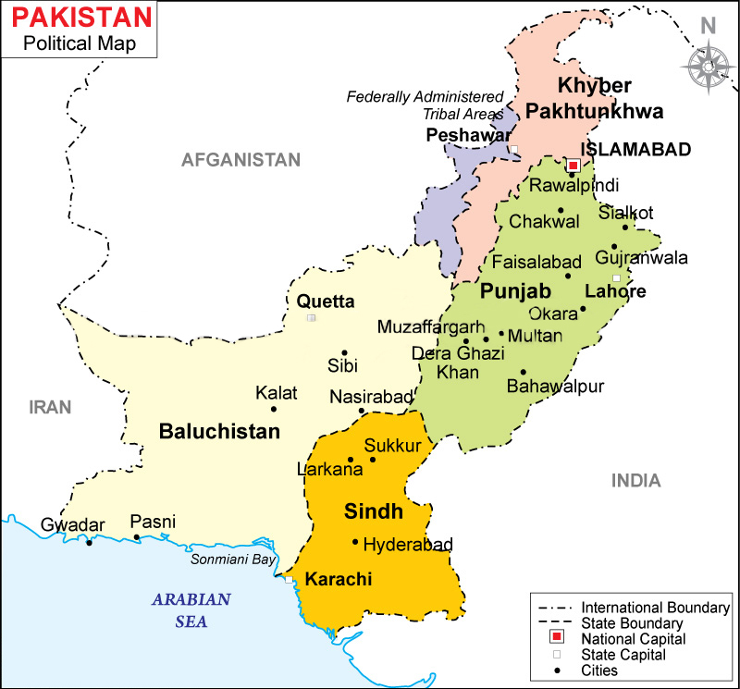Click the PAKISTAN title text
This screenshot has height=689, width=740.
tap(77, 17)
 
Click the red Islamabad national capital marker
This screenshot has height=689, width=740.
tap(572, 166)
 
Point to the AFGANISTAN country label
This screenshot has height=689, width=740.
tap(241, 160)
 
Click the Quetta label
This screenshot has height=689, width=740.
tap(325, 301)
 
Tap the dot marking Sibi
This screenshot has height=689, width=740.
tap(344, 352)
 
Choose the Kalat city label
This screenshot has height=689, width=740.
tap(277, 393)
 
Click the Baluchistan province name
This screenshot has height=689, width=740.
tap(219, 431)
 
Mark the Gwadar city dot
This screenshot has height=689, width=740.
tap(89, 542)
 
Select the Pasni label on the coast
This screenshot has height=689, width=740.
tap(153, 522)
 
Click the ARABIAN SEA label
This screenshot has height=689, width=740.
tap(191, 610)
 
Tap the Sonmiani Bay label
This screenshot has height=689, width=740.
tap(233, 560)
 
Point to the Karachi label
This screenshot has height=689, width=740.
tap(339, 580)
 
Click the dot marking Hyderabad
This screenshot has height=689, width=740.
tap(355, 542)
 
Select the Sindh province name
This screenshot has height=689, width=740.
tap(374, 511)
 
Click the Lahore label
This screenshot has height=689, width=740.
tap(615, 291)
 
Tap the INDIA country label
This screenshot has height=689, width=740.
tap(635, 481)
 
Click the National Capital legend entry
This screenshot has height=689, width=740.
tap(633, 638)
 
